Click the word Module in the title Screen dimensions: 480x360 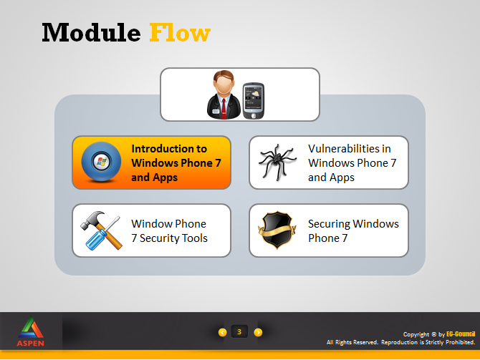(x=91, y=32)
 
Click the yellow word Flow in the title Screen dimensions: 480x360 (x=180, y=32)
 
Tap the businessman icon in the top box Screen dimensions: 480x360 (x=224, y=94)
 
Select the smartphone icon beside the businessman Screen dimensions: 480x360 (x=254, y=101)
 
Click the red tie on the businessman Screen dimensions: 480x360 (x=224, y=109)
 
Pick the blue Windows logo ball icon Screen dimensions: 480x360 (x=101, y=162)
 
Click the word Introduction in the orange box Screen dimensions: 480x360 (x=169, y=149)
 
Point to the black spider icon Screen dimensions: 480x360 (x=277, y=162)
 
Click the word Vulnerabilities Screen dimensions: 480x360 (x=350, y=149)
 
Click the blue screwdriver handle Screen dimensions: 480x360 (x=96, y=240)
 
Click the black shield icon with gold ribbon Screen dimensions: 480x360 (x=277, y=230)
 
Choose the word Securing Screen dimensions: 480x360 (x=328, y=224)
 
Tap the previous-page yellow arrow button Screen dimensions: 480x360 (x=223, y=332)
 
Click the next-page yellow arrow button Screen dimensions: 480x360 (x=258, y=332)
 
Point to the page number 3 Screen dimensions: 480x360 (x=239, y=331)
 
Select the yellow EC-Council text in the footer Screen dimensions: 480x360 (x=461, y=334)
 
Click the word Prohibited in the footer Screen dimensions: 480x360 (x=460, y=342)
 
